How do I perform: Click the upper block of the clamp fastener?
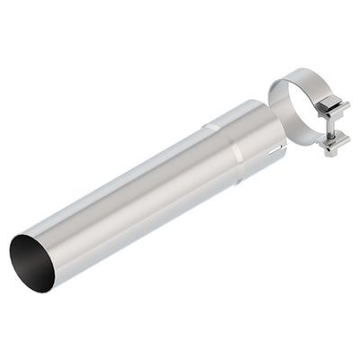click(x=336, y=110)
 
